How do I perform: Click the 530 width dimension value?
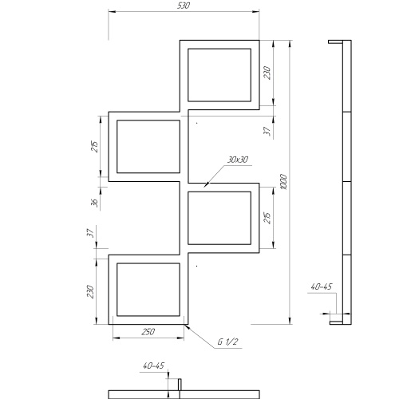click(184, 6)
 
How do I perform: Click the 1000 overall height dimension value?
click(284, 182)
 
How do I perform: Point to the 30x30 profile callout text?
click(238, 160)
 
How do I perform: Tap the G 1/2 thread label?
click(227, 342)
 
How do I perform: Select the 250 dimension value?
click(148, 332)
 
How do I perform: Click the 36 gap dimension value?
click(94, 203)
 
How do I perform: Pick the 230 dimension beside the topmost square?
click(267, 73)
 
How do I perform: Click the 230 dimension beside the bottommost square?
click(90, 292)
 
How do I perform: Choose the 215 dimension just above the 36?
click(95, 146)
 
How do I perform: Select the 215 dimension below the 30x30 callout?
click(267, 218)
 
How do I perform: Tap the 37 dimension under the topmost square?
click(267, 131)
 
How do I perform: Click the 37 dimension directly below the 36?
click(90, 233)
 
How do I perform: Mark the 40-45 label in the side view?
click(322, 286)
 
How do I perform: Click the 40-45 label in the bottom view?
click(154, 365)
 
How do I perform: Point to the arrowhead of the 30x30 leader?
click(206, 184)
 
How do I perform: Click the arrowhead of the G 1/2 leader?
click(187, 326)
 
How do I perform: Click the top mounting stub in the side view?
click(335, 41)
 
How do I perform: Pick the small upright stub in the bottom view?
click(180, 385)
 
